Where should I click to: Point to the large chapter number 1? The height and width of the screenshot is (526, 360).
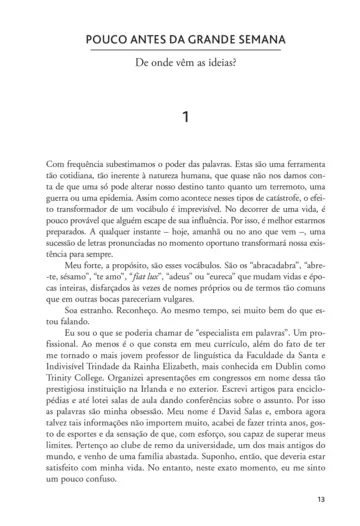179,118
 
